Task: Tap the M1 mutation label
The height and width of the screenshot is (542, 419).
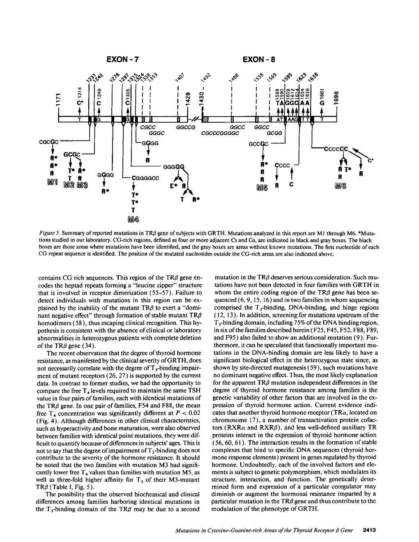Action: tap(53, 181)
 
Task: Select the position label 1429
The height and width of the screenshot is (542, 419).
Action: tap(187, 99)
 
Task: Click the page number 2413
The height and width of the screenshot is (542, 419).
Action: tap(371, 530)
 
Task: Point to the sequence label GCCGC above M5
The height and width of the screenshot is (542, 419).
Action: tap(259, 144)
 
